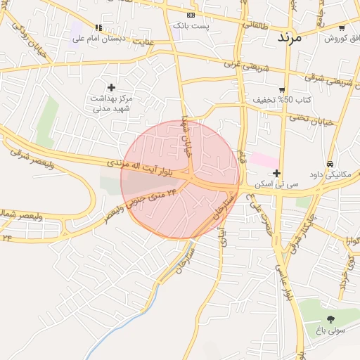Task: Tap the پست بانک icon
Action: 190,15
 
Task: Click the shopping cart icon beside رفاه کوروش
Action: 342,28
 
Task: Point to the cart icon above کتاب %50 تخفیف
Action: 282,90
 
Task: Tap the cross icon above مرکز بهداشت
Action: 111,87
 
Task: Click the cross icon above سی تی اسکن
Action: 277,173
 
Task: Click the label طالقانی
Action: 255,22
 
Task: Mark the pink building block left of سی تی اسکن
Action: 263,160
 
